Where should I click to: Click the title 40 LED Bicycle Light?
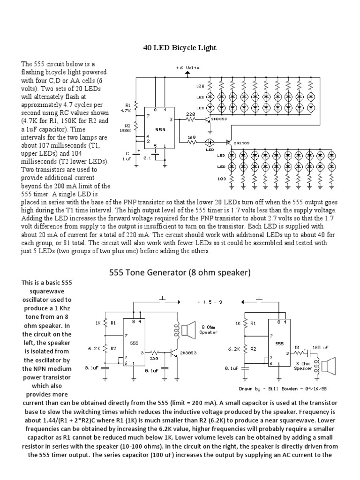click(x=180, y=48)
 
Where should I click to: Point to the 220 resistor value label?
click(x=191, y=114)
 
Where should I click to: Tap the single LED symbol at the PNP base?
click(x=210, y=142)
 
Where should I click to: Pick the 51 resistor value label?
click(x=297, y=347)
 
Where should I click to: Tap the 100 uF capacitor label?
click(x=320, y=347)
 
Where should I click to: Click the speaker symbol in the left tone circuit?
click(x=187, y=331)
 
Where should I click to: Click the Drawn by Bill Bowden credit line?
click(x=283, y=388)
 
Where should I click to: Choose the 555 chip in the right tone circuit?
click(x=279, y=343)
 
